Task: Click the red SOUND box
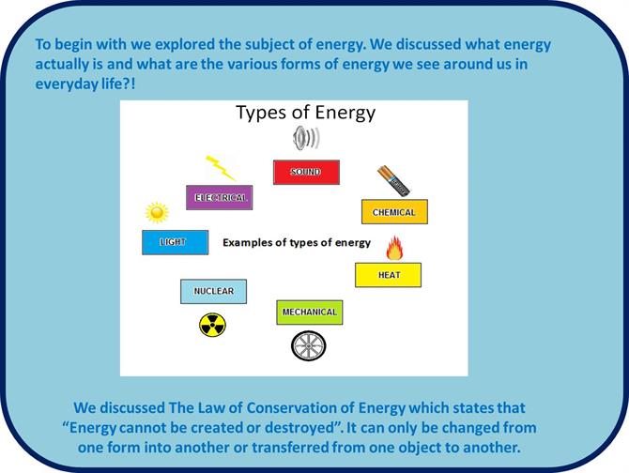click(306, 173)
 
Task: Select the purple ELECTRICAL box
click(220, 197)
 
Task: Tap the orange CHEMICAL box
click(394, 212)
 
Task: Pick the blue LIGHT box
click(176, 242)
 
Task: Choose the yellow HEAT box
click(389, 275)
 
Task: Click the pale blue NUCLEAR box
click(213, 292)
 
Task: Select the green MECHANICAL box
click(310, 313)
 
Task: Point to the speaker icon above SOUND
click(306, 138)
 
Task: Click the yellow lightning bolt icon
click(221, 168)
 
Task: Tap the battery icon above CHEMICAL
click(393, 181)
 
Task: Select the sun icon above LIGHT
click(158, 212)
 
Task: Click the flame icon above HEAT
click(394, 248)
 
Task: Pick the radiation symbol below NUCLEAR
click(212, 325)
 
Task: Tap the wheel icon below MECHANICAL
click(309, 345)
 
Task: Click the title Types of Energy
click(306, 113)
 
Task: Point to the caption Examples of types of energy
click(297, 242)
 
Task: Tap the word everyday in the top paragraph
click(67, 84)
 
